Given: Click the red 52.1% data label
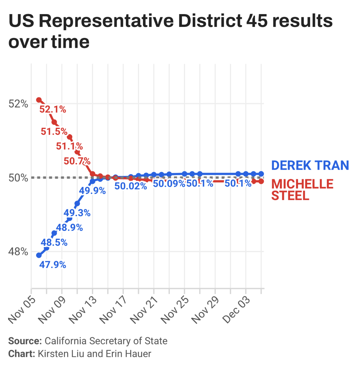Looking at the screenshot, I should point(52,109).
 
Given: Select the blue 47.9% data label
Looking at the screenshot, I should point(52,265).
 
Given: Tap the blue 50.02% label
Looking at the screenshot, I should point(131,186).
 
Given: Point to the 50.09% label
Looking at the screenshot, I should point(169,184).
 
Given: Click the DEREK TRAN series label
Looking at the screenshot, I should point(310,165).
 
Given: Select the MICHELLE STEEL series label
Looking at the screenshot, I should point(302,190).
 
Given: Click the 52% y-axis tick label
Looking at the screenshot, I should point(17,104).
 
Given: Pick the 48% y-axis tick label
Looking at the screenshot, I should point(17,251).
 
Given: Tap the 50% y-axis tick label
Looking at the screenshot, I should point(17,177).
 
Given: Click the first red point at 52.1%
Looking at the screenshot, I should point(39,100).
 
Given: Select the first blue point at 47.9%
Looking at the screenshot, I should point(39,255).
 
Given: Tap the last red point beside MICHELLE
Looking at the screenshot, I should point(261,181).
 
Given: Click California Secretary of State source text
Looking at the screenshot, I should point(106,341).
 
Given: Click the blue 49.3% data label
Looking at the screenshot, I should point(77,213).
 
